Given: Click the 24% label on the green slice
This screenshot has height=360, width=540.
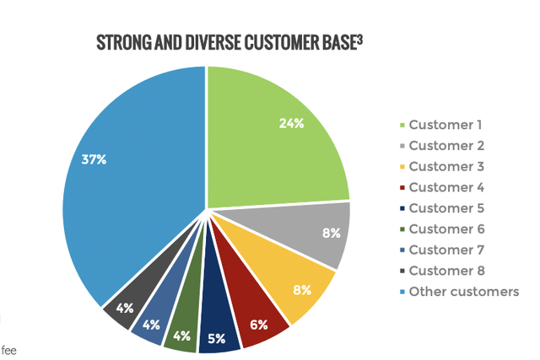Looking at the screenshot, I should click(x=291, y=122).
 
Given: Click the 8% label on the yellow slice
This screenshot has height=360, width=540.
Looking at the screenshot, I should click(x=302, y=289).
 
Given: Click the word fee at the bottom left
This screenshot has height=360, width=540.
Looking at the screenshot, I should click(x=8, y=351).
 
